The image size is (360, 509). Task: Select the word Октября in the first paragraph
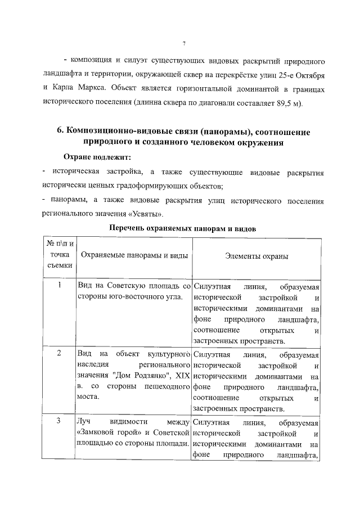(x=307, y=74)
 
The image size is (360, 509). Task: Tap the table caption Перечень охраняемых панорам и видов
(x=183, y=229)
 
